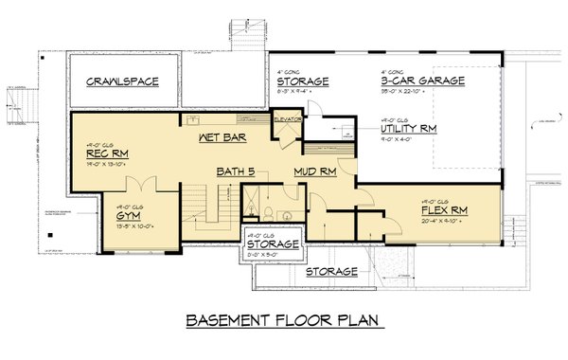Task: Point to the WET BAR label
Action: (223, 138)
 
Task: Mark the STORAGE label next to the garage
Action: (302, 81)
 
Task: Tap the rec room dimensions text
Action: (105, 166)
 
